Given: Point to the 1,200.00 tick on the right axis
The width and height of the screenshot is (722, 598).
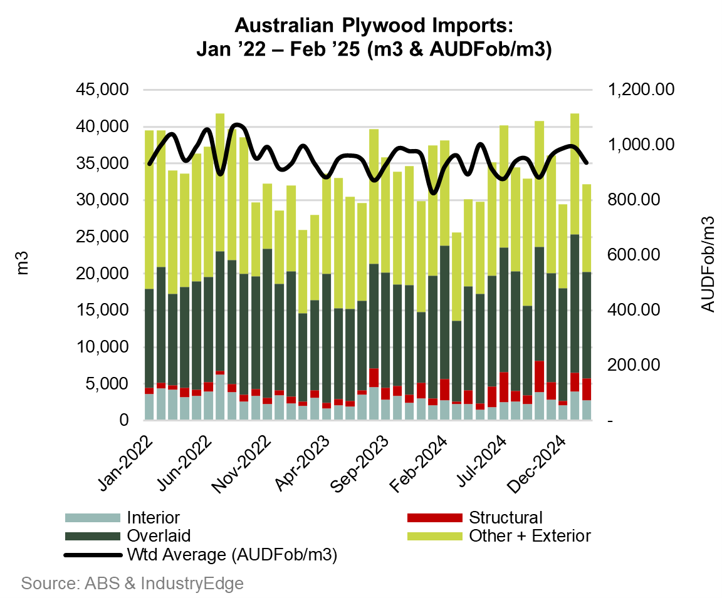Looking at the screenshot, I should [x=641, y=90].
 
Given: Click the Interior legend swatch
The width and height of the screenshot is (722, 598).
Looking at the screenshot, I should [x=92, y=518].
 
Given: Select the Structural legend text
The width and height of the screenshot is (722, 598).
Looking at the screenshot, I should [x=505, y=518].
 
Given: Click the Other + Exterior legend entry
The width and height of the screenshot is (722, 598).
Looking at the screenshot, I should [x=530, y=536].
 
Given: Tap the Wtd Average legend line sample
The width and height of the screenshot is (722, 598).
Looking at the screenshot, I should [x=92, y=555].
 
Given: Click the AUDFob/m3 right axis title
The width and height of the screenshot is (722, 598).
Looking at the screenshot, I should [x=708, y=263].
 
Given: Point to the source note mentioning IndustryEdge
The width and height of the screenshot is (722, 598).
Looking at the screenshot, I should [x=132, y=584].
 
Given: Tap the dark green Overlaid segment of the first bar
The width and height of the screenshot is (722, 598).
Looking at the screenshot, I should [x=149, y=338].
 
